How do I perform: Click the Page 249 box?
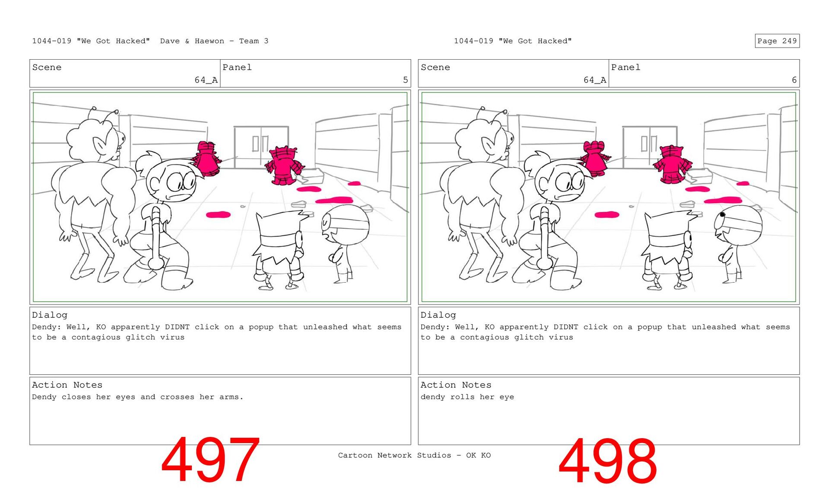(x=777, y=41)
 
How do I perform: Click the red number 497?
(x=210, y=460)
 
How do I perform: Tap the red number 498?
(x=608, y=461)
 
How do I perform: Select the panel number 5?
(x=405, y=80)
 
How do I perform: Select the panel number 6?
(x=794, y=80)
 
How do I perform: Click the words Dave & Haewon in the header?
(x=192, y=41)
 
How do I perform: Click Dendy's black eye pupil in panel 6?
(x=722, y=214)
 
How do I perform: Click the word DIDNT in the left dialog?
(x=177, y=327)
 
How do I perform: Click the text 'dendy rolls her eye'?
(x=467, y=397)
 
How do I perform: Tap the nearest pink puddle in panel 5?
(x=218, y=214)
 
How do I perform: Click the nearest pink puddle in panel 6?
(x=607, y=214)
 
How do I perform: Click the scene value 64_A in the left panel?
(x=206, y=80)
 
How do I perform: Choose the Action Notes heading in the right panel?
(x=456, y=385)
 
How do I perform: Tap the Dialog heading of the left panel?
(x=50, y=315)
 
